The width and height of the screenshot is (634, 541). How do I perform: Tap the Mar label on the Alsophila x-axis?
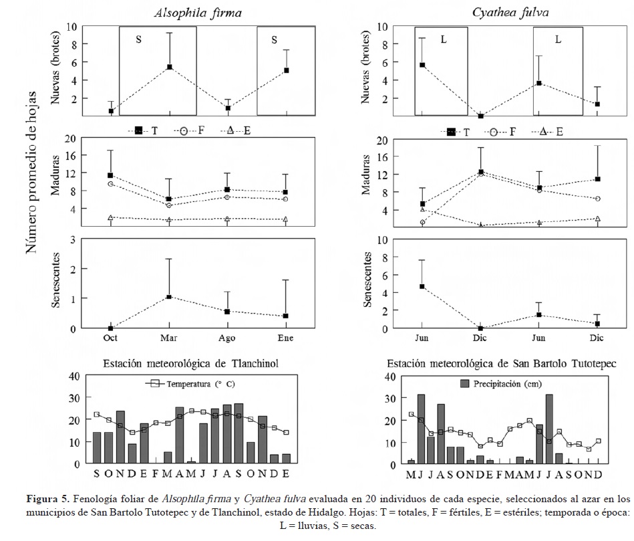pyautogui.click(x=170, y=338)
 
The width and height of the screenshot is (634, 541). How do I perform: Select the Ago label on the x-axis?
pyautogui.click(x=227, y=338)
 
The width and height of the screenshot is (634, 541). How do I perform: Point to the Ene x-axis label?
pyautogui.click(x=285, y=338)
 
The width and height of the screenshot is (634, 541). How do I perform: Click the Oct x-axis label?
pyautogui.click(x=111, y=338)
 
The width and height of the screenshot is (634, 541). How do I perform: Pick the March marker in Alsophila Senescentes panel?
pyautogui.click(x=170, y=296)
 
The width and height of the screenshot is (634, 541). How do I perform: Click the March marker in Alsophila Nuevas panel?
pyautogui.click(x=170, y=67)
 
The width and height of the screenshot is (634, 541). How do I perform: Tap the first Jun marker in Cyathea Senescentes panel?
pyautogui.click(x=422, y=286)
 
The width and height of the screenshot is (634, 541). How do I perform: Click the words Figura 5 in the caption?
pyautogui.click(x=47, y=499)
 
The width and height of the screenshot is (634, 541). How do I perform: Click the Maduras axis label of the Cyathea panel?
pyautogui.click(x=367, y=177)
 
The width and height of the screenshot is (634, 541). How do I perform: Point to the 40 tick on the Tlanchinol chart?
pyautogui.click(x=75, y=376)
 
